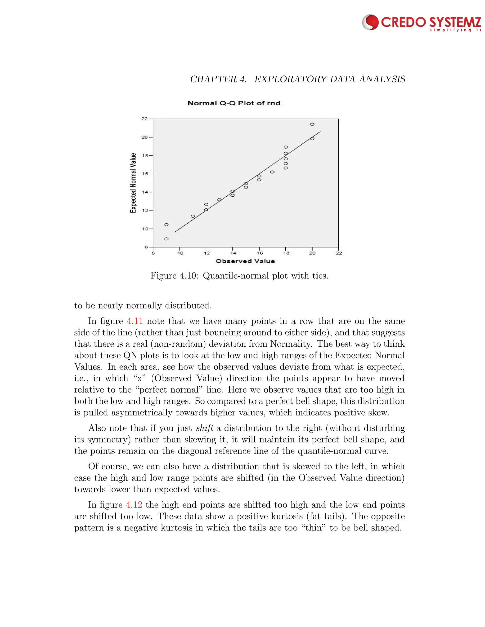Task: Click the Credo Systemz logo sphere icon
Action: click(x=371, y=22)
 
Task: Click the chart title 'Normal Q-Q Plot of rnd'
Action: click(x=234, y=103)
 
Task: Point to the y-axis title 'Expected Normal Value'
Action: click(x=133, y=183)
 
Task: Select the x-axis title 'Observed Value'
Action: click(x=245, y=261)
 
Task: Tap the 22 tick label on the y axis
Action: click(x=144, y=119)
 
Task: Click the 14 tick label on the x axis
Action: click(x=233, y=253)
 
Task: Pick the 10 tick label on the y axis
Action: click(x=144, y=229)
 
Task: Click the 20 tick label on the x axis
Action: click(x=312, y=253)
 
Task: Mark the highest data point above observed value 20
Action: click(x=312, y=124)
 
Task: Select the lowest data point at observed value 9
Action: click(x=166, y=239)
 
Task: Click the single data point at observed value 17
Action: click(x=272, y=172)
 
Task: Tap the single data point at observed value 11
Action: click(x=193, y=216)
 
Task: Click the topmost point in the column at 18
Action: click(x=286, y=147)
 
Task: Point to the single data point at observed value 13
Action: click(x=219, y=199)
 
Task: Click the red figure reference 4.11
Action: click(x=135, y=321)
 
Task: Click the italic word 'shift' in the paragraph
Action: click(x=204, y=428)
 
